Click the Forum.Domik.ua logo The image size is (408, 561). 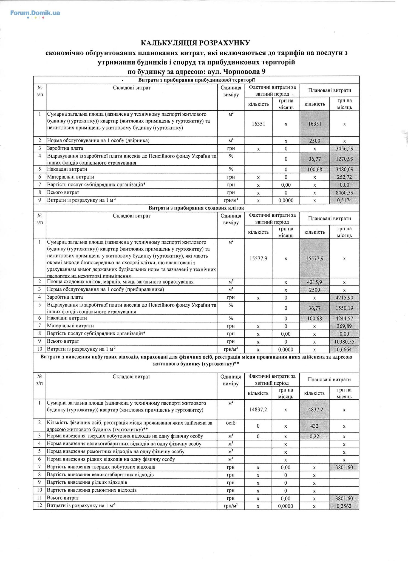pos(35,13)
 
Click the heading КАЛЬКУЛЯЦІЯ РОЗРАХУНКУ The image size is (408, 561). pos(195,43)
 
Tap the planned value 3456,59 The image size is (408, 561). pos(344,148)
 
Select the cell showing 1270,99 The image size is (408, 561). pos(344,159)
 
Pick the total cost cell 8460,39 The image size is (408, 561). pos(344,192)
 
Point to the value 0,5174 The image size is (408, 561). pos(344,200)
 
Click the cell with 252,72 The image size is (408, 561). pos(344,177)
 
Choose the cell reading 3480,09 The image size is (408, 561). pos(344,169)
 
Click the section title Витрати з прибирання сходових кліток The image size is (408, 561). pos(196,208)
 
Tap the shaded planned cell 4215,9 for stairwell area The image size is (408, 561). pos(314,282)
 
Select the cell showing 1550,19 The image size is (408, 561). pos(344,308)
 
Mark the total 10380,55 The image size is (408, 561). pos(344,342)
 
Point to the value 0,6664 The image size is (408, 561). pos(344,349)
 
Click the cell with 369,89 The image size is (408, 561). pos(344,326)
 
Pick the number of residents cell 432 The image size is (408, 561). pos(314,426)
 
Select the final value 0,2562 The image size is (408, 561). pos(344,506)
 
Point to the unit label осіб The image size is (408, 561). pos(231,423)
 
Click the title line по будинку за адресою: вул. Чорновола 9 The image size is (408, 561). pos(196,72)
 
